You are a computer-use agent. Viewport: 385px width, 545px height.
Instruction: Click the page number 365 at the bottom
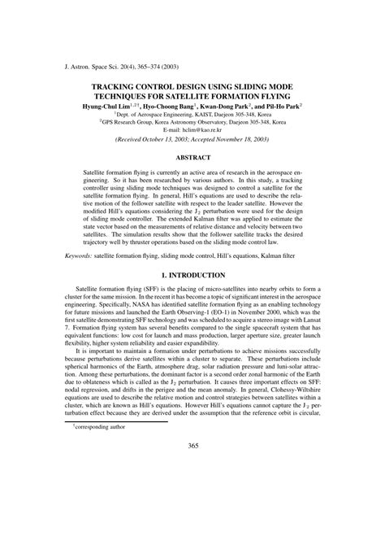pyautogui.click(x=192, y=513)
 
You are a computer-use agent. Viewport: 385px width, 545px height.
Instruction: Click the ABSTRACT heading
pyautogui.click(x=192, y=158)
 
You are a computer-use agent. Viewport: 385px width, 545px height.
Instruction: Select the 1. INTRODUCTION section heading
pyautogui.click(x=192, y=277)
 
